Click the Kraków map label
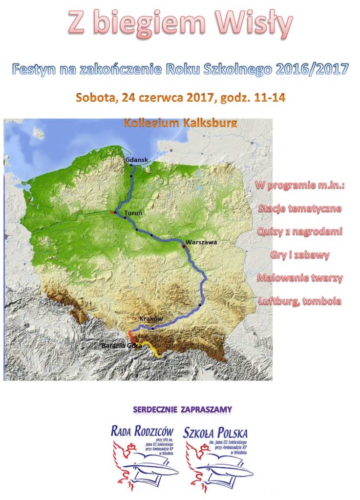pyautogui.click(x=150, y=318)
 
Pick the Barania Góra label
pyautogui.click(x=122, y=346)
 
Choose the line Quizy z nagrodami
pyautogui.click(x=299, y=232)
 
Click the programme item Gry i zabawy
pyautogui.click(x=299, y=255)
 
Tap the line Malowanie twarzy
pyautogui.click(x=299, y=278)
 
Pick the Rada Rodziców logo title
pyautogui.click(x=144, y=431)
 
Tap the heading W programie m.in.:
pyautogui.click(x=299, y=186)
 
